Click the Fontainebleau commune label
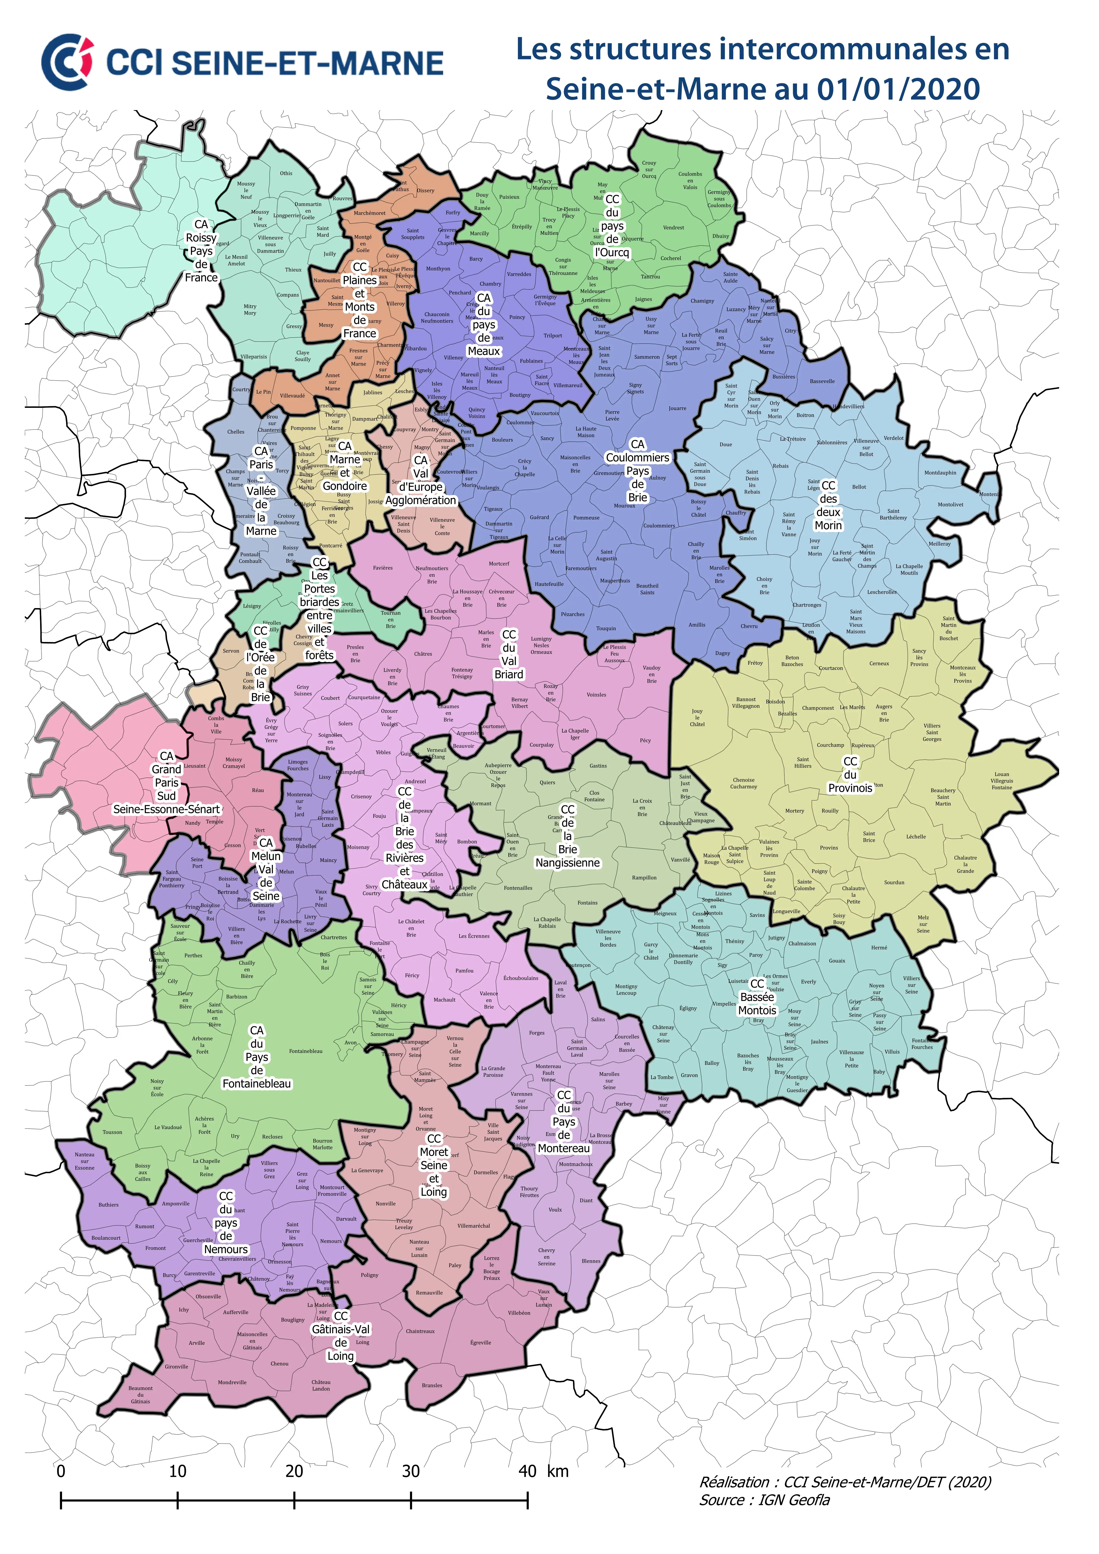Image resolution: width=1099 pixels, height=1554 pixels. [305, 1051]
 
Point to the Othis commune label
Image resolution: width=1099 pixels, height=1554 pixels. [286, 173]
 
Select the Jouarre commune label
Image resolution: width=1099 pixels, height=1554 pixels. [677, 408]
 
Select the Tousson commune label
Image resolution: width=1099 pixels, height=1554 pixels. [112, 1132]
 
